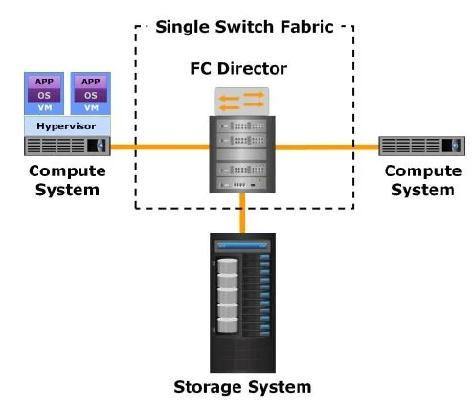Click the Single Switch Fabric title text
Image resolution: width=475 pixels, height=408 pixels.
click(243, 26)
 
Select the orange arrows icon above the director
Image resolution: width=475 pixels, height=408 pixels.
click(242, 101)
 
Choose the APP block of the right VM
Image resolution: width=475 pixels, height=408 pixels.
click(90, 82)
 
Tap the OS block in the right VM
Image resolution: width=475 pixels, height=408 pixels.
click(90, 95)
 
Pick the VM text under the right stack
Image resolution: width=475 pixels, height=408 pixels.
click(90, 108)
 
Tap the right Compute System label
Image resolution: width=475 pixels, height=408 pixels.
click(418, 179)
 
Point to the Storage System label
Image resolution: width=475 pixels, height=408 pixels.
click(242, 387)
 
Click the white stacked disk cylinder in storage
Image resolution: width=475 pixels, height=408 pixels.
click(227, 293)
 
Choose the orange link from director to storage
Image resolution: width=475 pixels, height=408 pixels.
click(243, 212)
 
